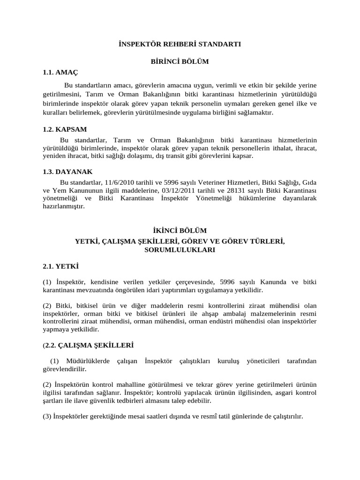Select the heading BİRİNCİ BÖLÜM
tap(179, 61)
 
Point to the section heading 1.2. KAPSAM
tap(65, 129)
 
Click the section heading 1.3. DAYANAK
tap(67, 172)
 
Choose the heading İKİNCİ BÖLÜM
tap(180, 230)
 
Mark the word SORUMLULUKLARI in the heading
tap(180, 250)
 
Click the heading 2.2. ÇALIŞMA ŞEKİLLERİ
tap(89, 345)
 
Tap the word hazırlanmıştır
tap(64, 206)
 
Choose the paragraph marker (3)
tap(47, 416)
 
